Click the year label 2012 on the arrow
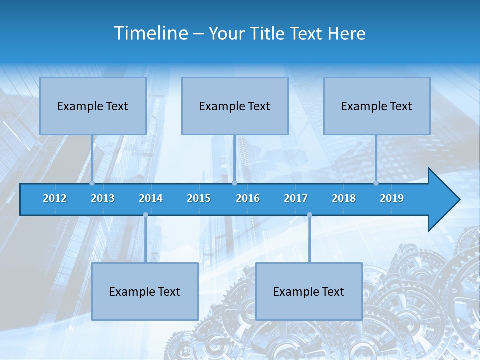[55, 198]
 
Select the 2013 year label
[103, 198]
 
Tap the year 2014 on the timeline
[151, 198]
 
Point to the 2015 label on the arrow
[199, 198]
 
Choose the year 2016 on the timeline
[248, 198]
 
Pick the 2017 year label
[296, 198]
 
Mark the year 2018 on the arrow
[344, 198]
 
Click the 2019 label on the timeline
[392, 198]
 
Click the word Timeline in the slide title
[150, 33]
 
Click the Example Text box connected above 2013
[93, 106]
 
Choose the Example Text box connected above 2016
[235, 106]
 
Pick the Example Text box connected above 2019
[377, 106]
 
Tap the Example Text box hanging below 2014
[145, 291]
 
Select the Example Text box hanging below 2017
[309, 291]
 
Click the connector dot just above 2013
[92, 183]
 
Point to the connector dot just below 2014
[145, 215]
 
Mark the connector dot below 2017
[309, 215]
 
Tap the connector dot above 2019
[376, 183]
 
